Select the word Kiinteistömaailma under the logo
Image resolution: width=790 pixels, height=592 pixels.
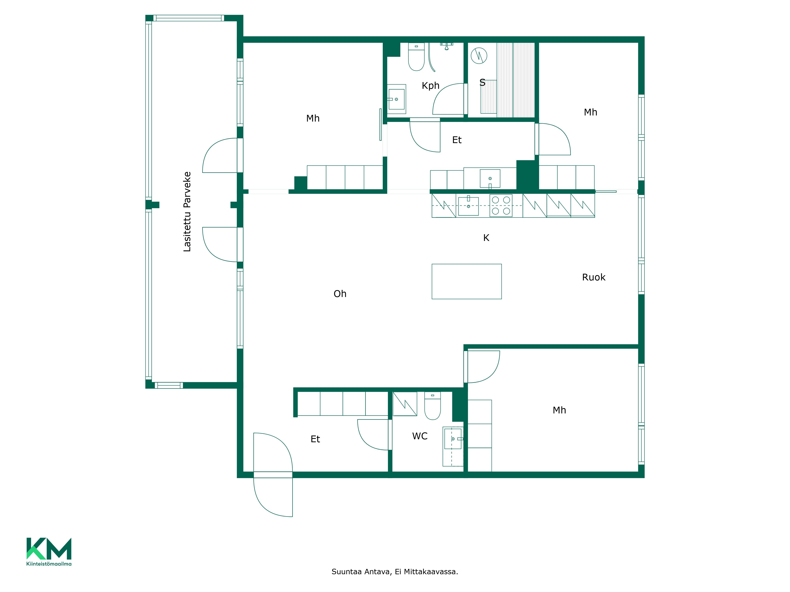pos(49,564)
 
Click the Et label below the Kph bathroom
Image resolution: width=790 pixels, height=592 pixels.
pos(457,140)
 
